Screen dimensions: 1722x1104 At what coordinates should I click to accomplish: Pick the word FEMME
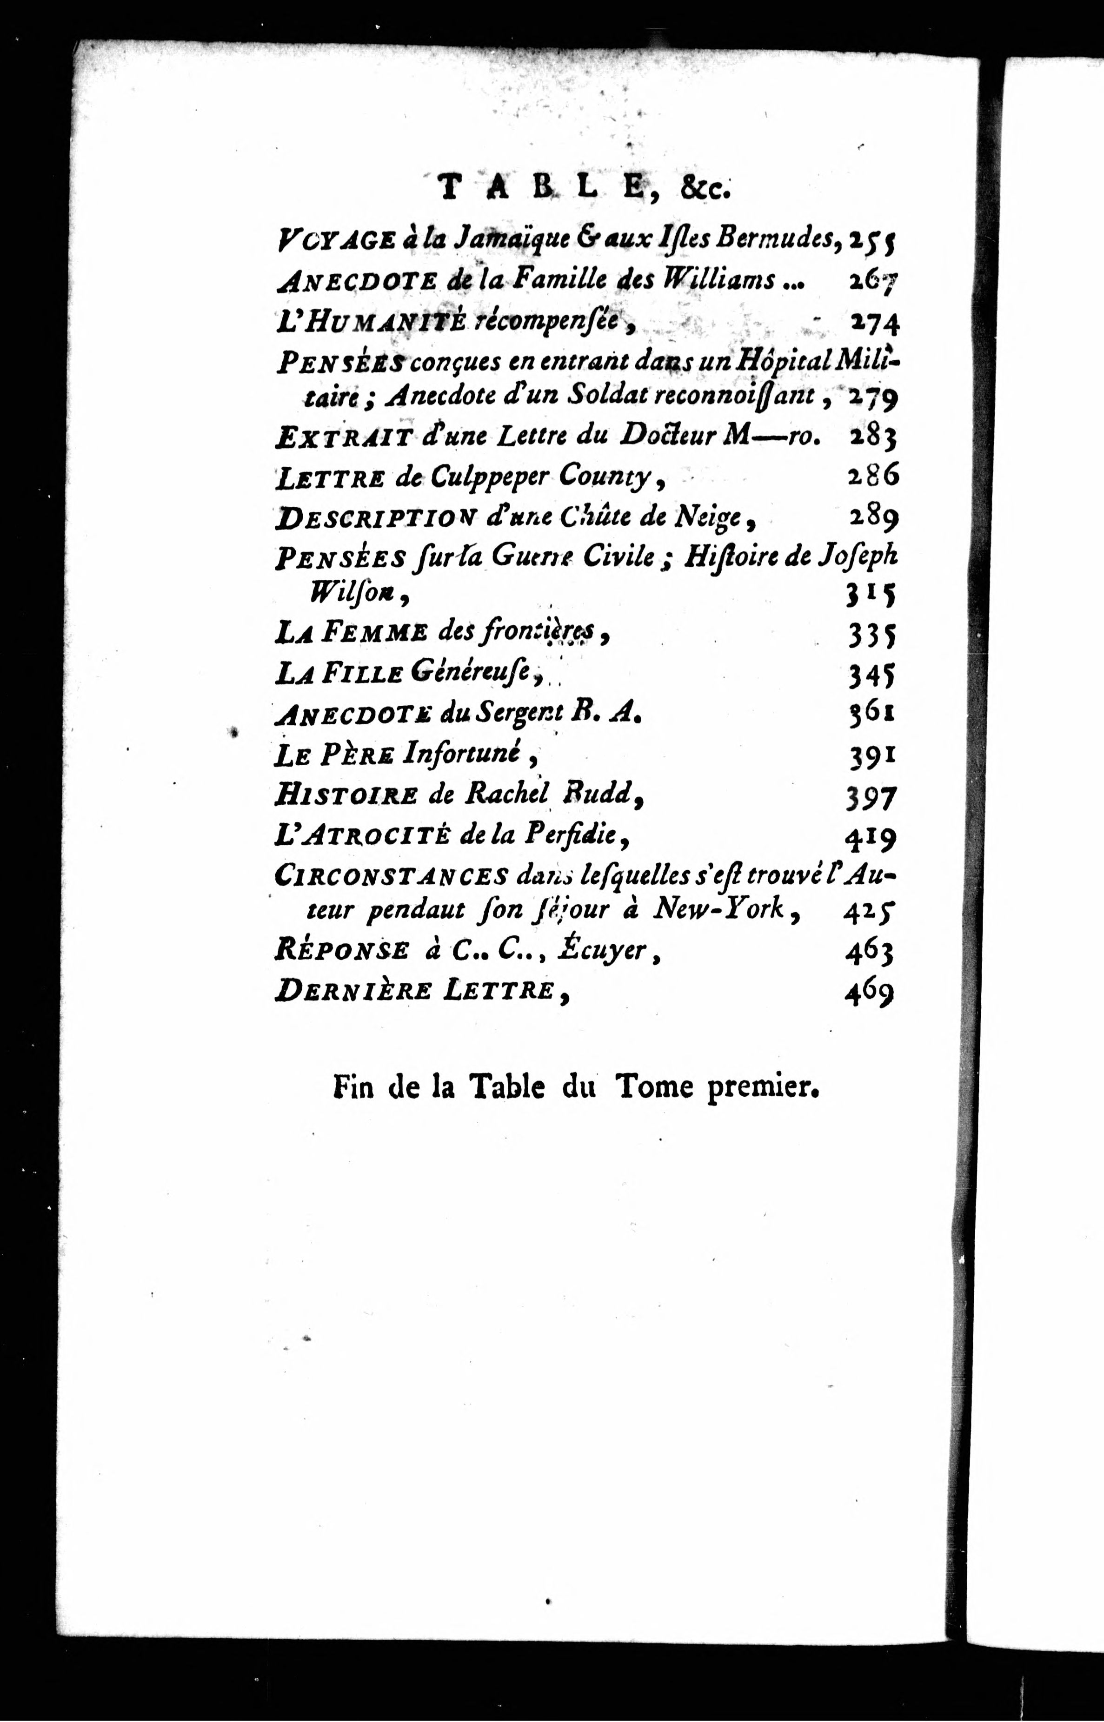tap(374, 633)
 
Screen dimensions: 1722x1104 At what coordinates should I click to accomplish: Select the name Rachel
tap(507, 793)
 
